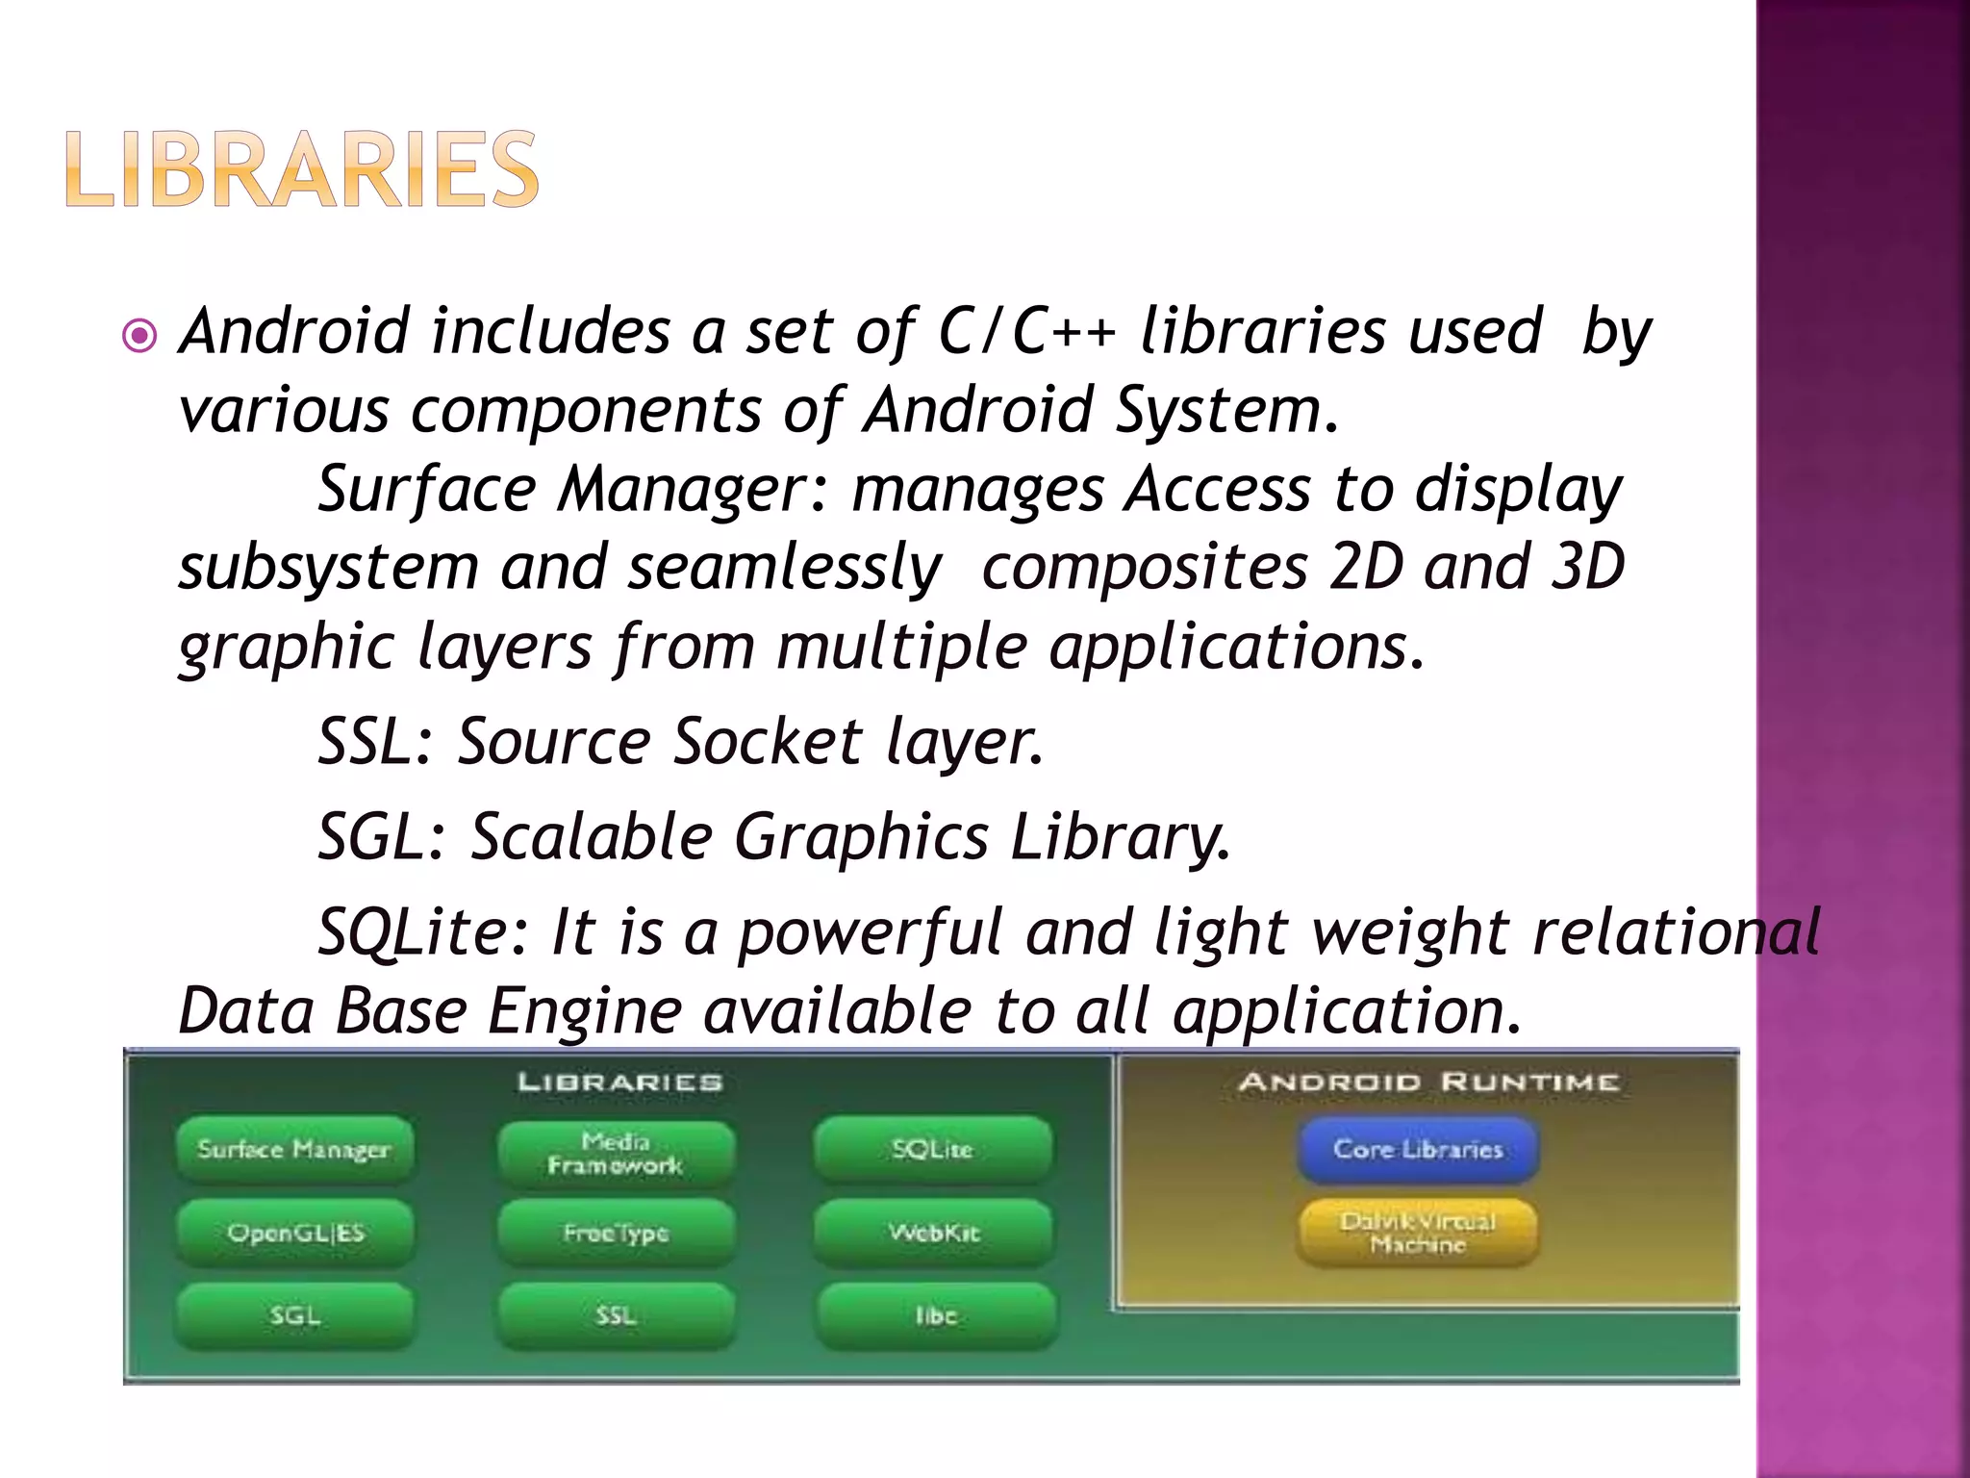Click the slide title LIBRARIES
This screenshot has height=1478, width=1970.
(x=302, y=169)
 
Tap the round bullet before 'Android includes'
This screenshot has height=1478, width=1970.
(x=140, y=336)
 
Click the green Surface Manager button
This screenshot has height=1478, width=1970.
(x=294, y=1149)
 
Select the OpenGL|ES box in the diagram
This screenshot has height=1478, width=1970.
(x=294, y=1233)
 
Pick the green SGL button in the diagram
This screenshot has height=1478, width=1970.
(x=294, y=1315)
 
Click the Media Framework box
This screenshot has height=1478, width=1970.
(x=616, y=1153)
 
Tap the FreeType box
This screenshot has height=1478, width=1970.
(x=616, y=1233)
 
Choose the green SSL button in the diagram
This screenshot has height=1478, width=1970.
(x=616, y=1315)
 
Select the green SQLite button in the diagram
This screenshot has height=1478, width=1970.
(x=933, y=1149)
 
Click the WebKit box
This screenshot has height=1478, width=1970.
(x=933, y=1233)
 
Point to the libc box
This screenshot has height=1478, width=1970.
(x=935, y=1315)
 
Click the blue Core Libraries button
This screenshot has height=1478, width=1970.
(x=1418, y=1149)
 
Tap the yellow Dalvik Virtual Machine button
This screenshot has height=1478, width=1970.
(x=1418, y=1233)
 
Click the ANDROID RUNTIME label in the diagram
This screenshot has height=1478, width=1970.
(x=1428, y=1083)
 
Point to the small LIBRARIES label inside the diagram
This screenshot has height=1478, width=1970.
(x=620, y=1083)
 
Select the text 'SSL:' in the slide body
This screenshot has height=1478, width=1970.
(x=376, y=742)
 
